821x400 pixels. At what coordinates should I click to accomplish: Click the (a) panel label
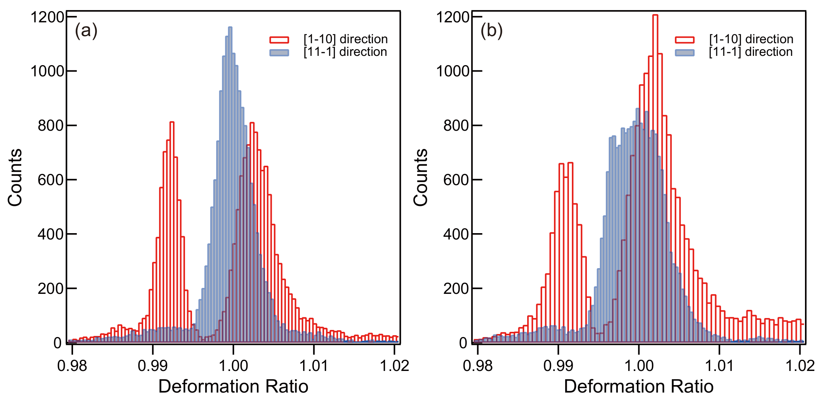click(x=86, y=31)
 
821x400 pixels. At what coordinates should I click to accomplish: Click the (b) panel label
click(x=491, y=31)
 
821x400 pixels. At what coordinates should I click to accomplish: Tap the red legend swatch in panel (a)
click(x=279, y=40)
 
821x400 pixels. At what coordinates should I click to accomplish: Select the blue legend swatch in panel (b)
click(x=685, y=53)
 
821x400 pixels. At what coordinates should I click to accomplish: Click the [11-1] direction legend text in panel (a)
click(x=345, y=52)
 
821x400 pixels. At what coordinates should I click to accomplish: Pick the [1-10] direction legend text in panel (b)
click(x=751, y=39)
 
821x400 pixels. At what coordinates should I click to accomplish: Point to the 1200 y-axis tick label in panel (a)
click(x=47, y=18)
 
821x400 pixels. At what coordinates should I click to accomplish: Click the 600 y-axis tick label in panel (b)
click(x=456, y=180)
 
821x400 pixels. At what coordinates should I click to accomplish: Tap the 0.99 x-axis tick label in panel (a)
click(x=152, y=366)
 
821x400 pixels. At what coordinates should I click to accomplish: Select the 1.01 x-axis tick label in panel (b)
click(x=719, y=366)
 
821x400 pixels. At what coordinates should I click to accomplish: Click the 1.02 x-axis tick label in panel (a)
click(x=394, y=366)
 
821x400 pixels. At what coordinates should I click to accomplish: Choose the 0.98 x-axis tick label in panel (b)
click(x=478, y=366)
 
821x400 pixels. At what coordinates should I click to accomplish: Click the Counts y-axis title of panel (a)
click(x=15, y=177)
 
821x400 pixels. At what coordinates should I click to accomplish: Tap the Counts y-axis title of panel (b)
click(x=421, y=177)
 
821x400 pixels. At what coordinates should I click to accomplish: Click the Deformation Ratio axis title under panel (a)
click(x=233, y=386)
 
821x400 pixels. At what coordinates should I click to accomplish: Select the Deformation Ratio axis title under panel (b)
click(x=638, y=386)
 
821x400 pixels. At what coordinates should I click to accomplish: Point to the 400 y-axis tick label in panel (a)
click(x=50, y=234)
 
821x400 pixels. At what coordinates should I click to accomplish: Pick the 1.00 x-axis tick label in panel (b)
click(x=639, y=366)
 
